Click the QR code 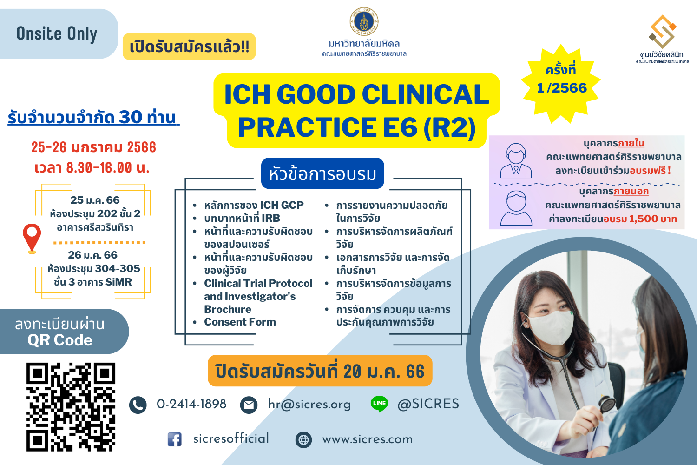click(x=71, y=407)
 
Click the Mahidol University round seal click(x=364, y=21)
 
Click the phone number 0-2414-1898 click(x=191, y=404)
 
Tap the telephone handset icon click(x=138, y=405)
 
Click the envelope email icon click(x=249, y=405)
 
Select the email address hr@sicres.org click(x=309, y=404)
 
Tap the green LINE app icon click(x=379, y=404)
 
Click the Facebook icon click(x=175, y=439)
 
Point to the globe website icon click(x=303, y=440)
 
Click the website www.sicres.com click(x=368, y=439)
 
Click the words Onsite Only click(x=57, y=33)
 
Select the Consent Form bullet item click(x=240, y=322)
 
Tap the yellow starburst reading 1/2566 click(x=561, y=84)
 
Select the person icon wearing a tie click(x=516, y=160)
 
